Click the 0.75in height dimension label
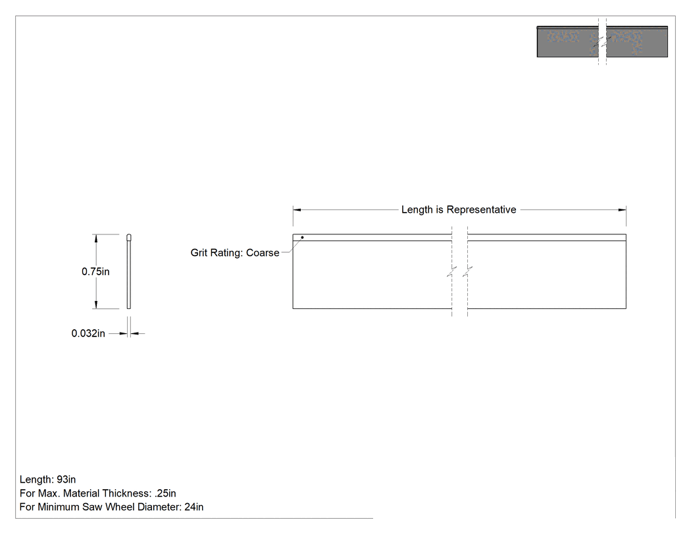[95, 272]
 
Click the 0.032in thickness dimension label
[88, 333]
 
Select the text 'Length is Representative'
[458, 209]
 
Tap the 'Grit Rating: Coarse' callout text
[235, 253]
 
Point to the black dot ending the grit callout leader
[302, 238]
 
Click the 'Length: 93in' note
[47, 479]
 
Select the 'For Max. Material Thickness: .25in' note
[98, 493]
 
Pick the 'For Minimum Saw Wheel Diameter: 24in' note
[111, 507]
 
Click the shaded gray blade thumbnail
[602, 42]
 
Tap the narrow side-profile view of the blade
[129, 271]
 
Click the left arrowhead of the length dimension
[297, 209]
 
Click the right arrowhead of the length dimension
[622, 209]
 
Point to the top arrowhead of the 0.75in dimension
[95, 238]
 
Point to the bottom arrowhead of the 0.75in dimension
[95, 305]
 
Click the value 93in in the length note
[66, 479]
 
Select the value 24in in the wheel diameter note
[194, 507]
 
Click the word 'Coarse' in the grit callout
[263, 253]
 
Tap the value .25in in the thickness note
[165, 493]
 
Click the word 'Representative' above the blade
[481, 209]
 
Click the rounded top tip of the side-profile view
[129, 234]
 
